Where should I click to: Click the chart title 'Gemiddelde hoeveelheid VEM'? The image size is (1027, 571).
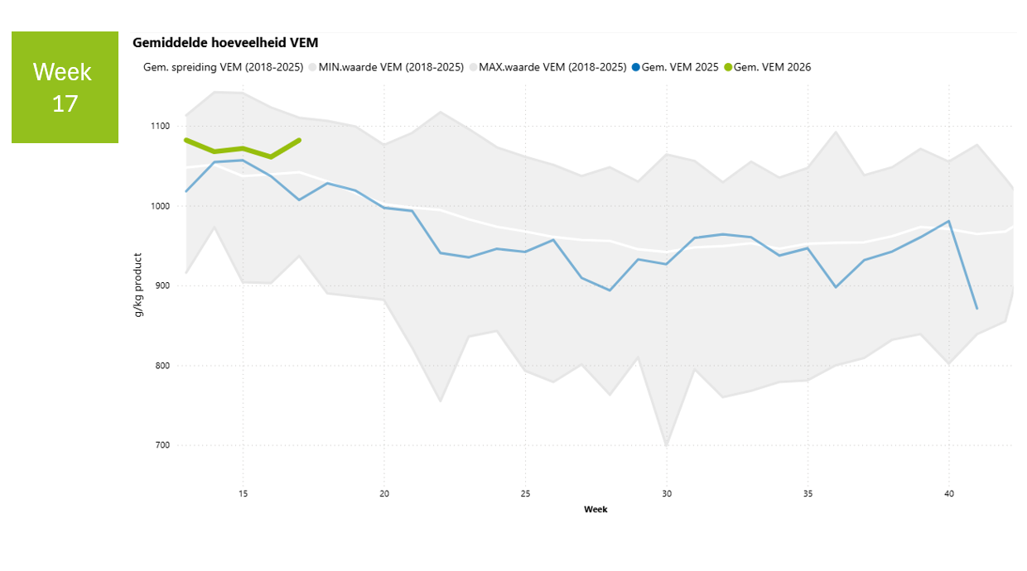pyautogui.click(x=225, y=42)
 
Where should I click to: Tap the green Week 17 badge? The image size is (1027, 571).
pyautogui.click(x=65, y=87)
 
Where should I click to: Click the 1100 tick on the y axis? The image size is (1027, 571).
pyautogui.click(x=159, y=127)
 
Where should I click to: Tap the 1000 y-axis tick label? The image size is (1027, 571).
pyautogui.click(x=159, y=206)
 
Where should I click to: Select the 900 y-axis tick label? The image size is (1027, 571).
pyautogui.click(x=161, y=286)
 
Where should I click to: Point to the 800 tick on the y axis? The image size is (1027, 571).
pyautogui.click(x=161, y=366)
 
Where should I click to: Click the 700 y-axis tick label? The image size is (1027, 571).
pyautogui.click(x=161, y=446)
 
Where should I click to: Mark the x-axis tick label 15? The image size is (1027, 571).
pyautogui.click(x=243, y=494)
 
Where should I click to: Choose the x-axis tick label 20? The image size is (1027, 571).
pyautogui.click(x=384, y=494)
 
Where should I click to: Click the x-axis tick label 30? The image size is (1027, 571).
pyautogui.click(x=667, y=494)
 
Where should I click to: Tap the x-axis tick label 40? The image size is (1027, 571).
pyautogui.click(x=949, y=494)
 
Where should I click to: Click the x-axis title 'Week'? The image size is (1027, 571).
pyautogui.click(x=595, y=510)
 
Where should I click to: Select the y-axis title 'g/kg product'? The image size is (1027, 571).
pyautogui.click(x=138, y=285)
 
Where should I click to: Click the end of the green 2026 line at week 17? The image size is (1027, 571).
pyautogui.click(x=299, y=140)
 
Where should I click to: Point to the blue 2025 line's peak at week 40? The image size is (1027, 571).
pyautogui.click(x=949, y=221)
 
